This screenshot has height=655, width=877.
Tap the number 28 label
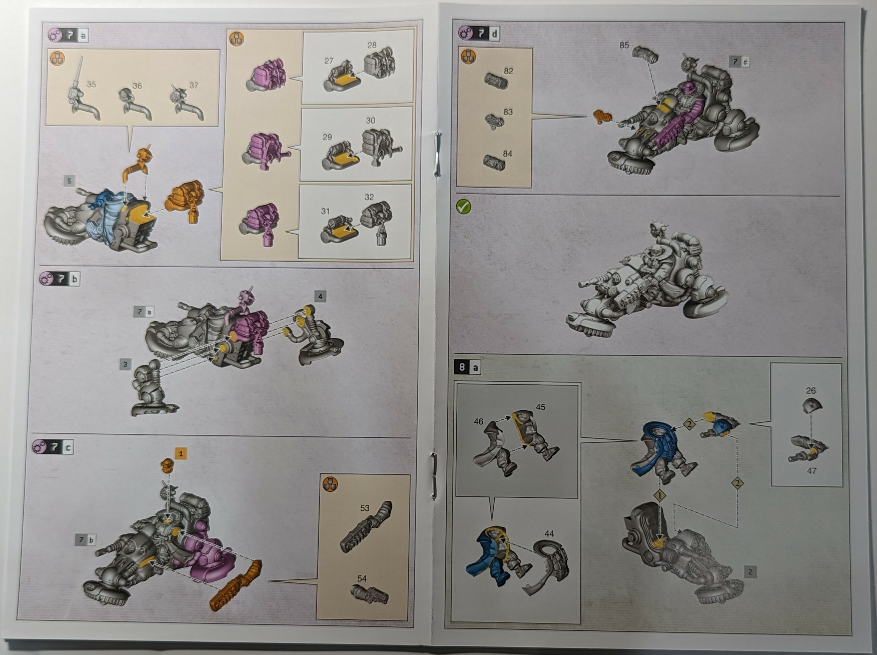click(x=372, y=45)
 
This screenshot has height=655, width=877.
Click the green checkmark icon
click(x=464, y=207)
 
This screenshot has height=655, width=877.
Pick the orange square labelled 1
click(x=181, y=454)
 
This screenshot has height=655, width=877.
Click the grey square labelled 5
click(x=70, y=181)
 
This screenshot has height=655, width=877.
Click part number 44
click(x=549, y=534)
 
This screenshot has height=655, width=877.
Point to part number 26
click(x=811, y=391)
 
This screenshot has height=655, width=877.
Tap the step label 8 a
click(x=468, y=367)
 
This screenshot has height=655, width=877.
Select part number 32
click(x=369, y=197)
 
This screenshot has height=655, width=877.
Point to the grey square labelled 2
click(x=750, y=571)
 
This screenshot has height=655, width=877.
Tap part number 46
click(x=479, y=421)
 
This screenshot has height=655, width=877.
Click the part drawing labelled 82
click(x=496, y=81)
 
